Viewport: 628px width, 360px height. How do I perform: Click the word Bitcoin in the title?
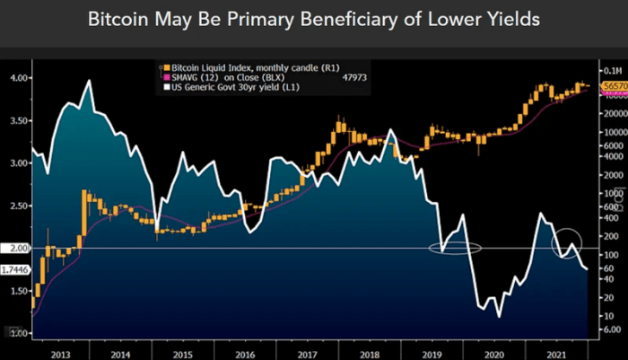tap(119, 20)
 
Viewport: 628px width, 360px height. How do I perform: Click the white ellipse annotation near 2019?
tap(456, 247)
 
